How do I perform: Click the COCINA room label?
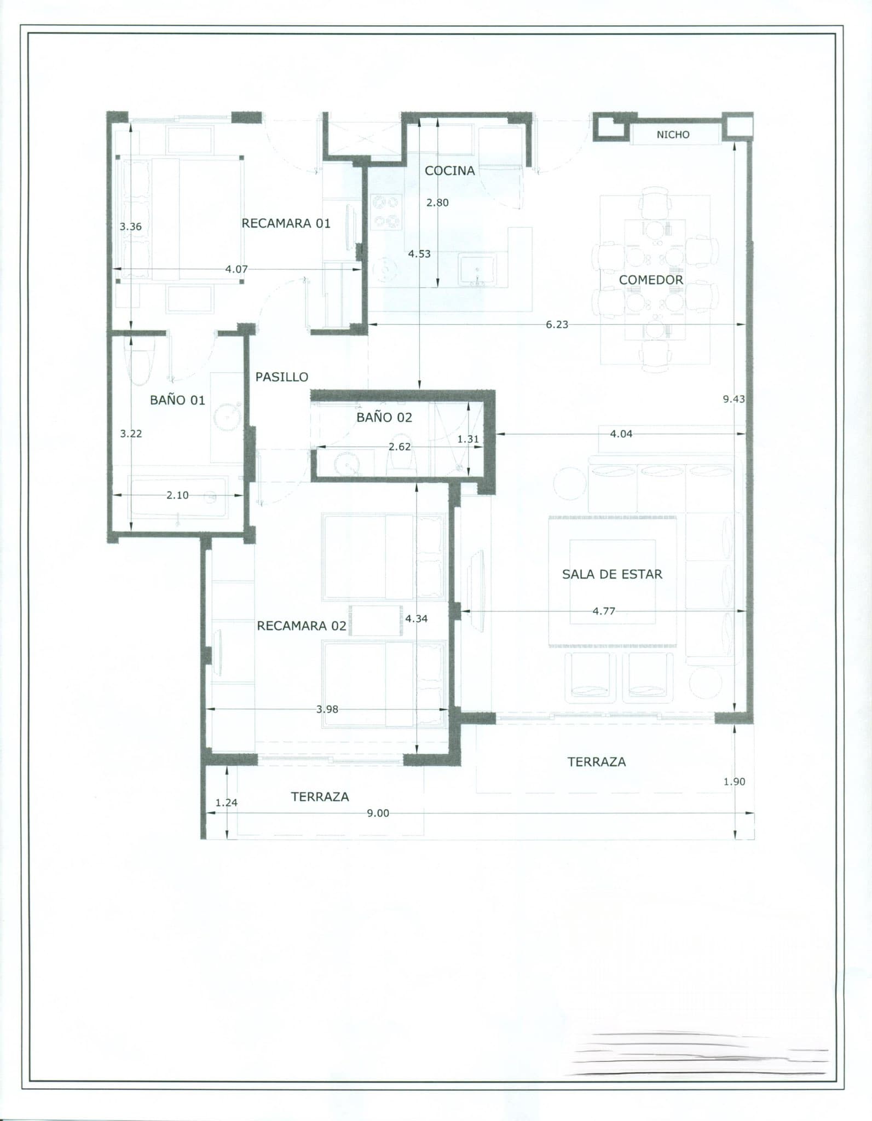pos(449,171)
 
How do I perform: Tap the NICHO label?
pos(673,135)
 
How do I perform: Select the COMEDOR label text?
pos(651,280)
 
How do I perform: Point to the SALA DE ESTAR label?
pos(612,574)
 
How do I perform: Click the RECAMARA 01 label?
pos(286,223)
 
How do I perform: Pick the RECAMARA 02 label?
pos(302,626)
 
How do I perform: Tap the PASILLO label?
pos(282,377)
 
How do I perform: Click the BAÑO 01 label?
pos(177,400)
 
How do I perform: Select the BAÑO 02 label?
pos(384,418)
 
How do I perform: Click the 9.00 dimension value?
pos(378,813)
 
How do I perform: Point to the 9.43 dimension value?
pos(734,399)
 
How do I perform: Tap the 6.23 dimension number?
pos(557,325)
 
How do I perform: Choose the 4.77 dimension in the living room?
pos(604,611)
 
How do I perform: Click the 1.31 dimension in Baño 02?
pos(468,439)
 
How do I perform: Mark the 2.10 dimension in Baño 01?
pos(177,495)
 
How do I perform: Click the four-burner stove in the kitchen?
pos(385,212)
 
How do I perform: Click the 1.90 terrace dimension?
pos(734,782)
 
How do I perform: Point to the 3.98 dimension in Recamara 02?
pos(327,709)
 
